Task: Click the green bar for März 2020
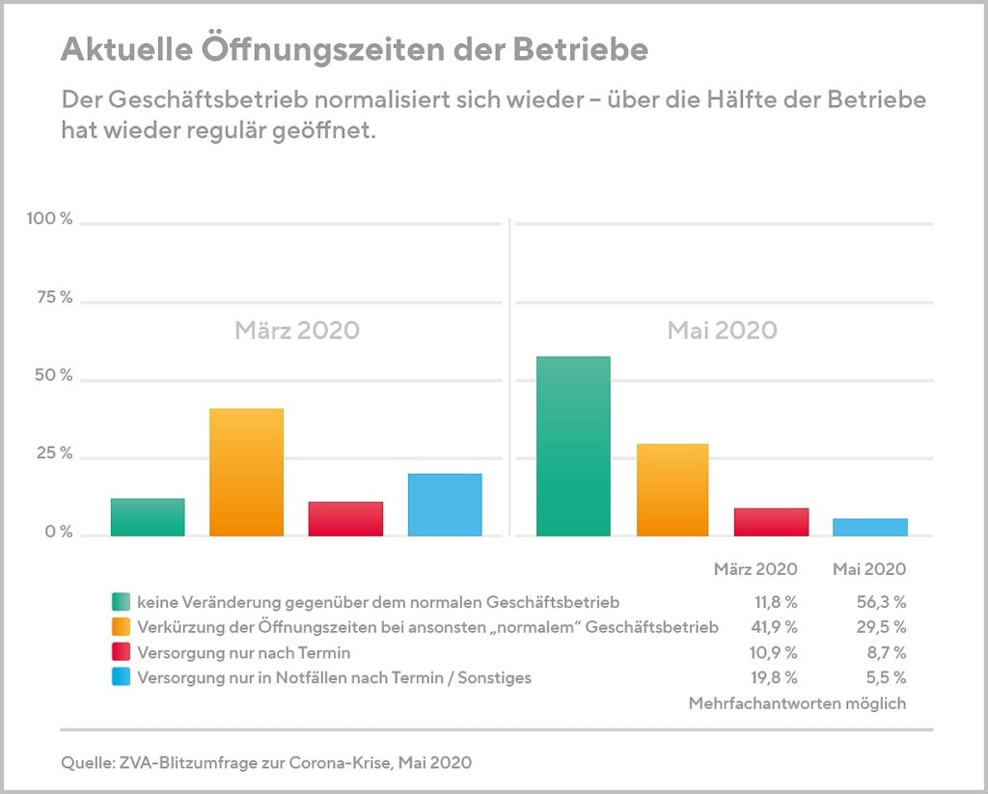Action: (x=148, y=517)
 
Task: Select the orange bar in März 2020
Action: (x=246, y=472)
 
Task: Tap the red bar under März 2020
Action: (x=345, y=519)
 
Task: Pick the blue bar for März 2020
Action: (x=445, y=505)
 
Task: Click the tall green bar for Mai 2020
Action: (x=573, y=446)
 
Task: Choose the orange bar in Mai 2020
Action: (x=672, y=490)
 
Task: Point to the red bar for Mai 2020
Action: (x=771, y=522)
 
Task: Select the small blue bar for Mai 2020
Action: (x=870, y=527)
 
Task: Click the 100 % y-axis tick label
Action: (x=50, y=219)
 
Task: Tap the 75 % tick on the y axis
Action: (x=54, y=297)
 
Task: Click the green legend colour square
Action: (x=121, y=602)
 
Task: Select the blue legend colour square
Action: (x=121, y=677)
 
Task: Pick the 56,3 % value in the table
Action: (x=882, y=602)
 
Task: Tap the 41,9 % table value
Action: (x=774, y=627)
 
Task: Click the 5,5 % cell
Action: (x=886, y=677)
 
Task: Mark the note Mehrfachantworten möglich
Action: (x=797, y=703)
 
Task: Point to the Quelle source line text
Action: (x=266, y=763)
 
